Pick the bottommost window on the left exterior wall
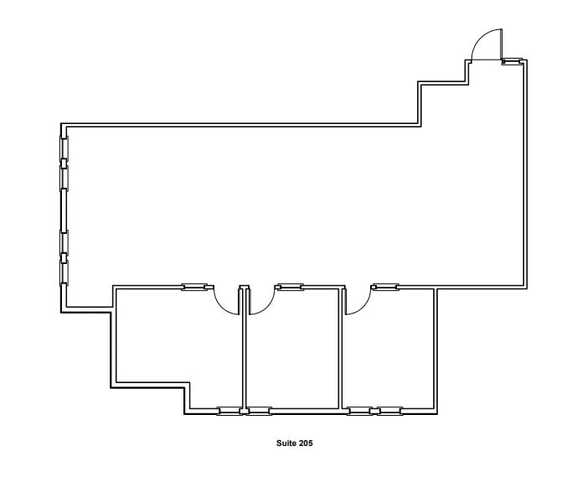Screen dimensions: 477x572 (x=64, y=272)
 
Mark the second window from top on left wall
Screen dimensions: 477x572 (x=64, y=178)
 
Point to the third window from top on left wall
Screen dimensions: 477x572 (x=64, y=241)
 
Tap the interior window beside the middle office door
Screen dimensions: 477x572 (x=289, y=288)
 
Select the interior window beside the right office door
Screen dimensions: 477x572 (x=384, y=288)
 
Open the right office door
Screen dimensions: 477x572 (x=355, y=303)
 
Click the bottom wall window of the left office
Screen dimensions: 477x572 (x=229, y=411)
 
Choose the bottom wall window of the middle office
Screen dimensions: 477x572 (x=257, y=411)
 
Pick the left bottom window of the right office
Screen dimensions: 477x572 (x=360, y=411)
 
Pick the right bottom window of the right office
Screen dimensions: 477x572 (x=389, y=411)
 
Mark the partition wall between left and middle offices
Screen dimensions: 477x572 (x=244, y=352)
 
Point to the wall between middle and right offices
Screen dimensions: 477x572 (x=342, y=352)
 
